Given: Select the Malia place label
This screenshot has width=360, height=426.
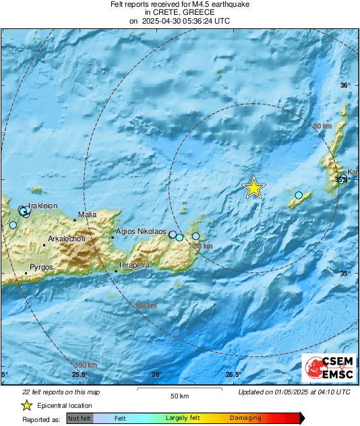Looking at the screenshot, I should [88, 215].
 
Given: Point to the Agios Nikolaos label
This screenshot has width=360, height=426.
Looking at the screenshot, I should [141, 232].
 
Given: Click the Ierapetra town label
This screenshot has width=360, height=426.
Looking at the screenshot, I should [134, 266].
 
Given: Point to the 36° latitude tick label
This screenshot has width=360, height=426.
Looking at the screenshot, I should [345, 86].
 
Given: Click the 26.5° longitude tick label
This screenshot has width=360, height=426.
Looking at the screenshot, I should [233, 375].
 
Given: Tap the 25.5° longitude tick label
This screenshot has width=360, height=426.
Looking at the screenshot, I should [80, 375].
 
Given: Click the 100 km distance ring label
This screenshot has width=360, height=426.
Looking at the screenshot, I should [146, 307].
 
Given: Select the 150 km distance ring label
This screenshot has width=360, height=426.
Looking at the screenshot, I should [81, 365].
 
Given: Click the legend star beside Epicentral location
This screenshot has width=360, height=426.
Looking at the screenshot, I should [26, 405].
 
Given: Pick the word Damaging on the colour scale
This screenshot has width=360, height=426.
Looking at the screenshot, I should [245, 419].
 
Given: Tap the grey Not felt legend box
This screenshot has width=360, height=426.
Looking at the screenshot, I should [80, 419].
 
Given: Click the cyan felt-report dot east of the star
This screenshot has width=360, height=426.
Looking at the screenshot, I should [299, 195].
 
